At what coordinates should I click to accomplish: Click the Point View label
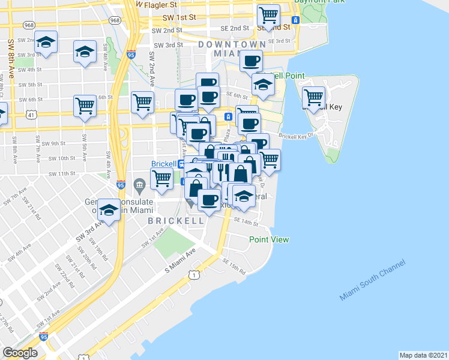click(269, 240)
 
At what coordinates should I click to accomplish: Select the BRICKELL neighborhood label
click(176, 221)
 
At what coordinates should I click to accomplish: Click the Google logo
click(20, 353)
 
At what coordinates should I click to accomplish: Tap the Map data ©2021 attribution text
click(424, 355)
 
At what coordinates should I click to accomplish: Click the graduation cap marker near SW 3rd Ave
click(108, 210)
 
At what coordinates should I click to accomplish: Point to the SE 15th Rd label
click(234, 266)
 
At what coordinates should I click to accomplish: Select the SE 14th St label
click(246, 222)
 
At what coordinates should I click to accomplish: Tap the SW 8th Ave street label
click(11, 59)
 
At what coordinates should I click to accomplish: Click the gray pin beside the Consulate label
click(140, 184)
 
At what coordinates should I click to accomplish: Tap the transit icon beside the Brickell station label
click(182, 163)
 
